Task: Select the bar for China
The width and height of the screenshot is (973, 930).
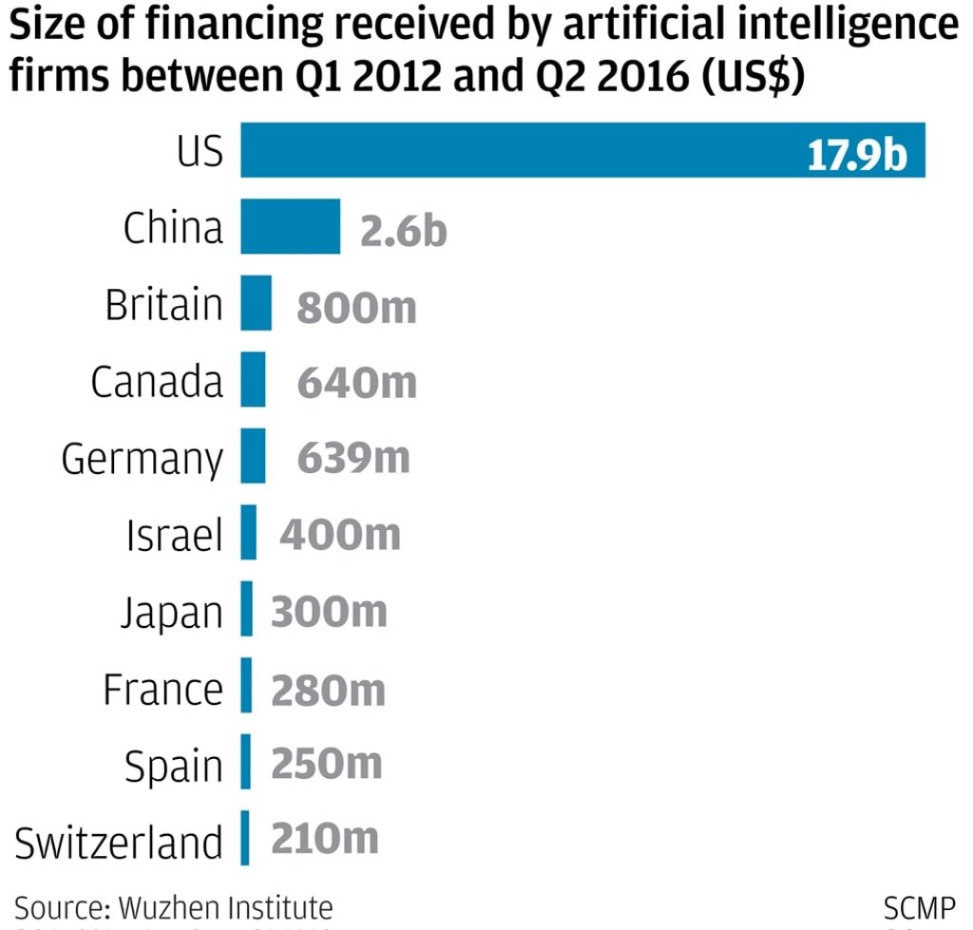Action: pyautogui.click(x=290, y=227)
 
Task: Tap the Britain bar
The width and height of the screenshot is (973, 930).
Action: pyautogui.click(x=256, y=304)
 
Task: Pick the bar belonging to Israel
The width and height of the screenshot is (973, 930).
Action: pyautogui.click(x=248, y=533)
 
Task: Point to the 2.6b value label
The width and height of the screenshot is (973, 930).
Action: pyautogui.click(x=403, y=230)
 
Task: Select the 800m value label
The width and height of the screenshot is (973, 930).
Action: pyautogui.click(x=356, y=307)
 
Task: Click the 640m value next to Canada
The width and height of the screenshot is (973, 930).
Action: pyautogui.click(x=357, y=383)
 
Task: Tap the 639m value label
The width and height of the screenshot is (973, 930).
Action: pyautogui.click(x=353, y=459)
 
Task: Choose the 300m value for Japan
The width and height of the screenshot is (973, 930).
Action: pyautogui.click(x=329, y=612)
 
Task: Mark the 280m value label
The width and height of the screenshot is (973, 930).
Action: pyautogui.click(x=328, y=689)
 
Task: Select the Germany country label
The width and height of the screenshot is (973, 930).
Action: pyautogui.click(x=143, y=461)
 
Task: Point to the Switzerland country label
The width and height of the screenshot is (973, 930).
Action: pyautogui.click(x=119, y=843)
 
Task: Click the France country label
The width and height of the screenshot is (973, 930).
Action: pyautogui.click(x=162, y=689)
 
